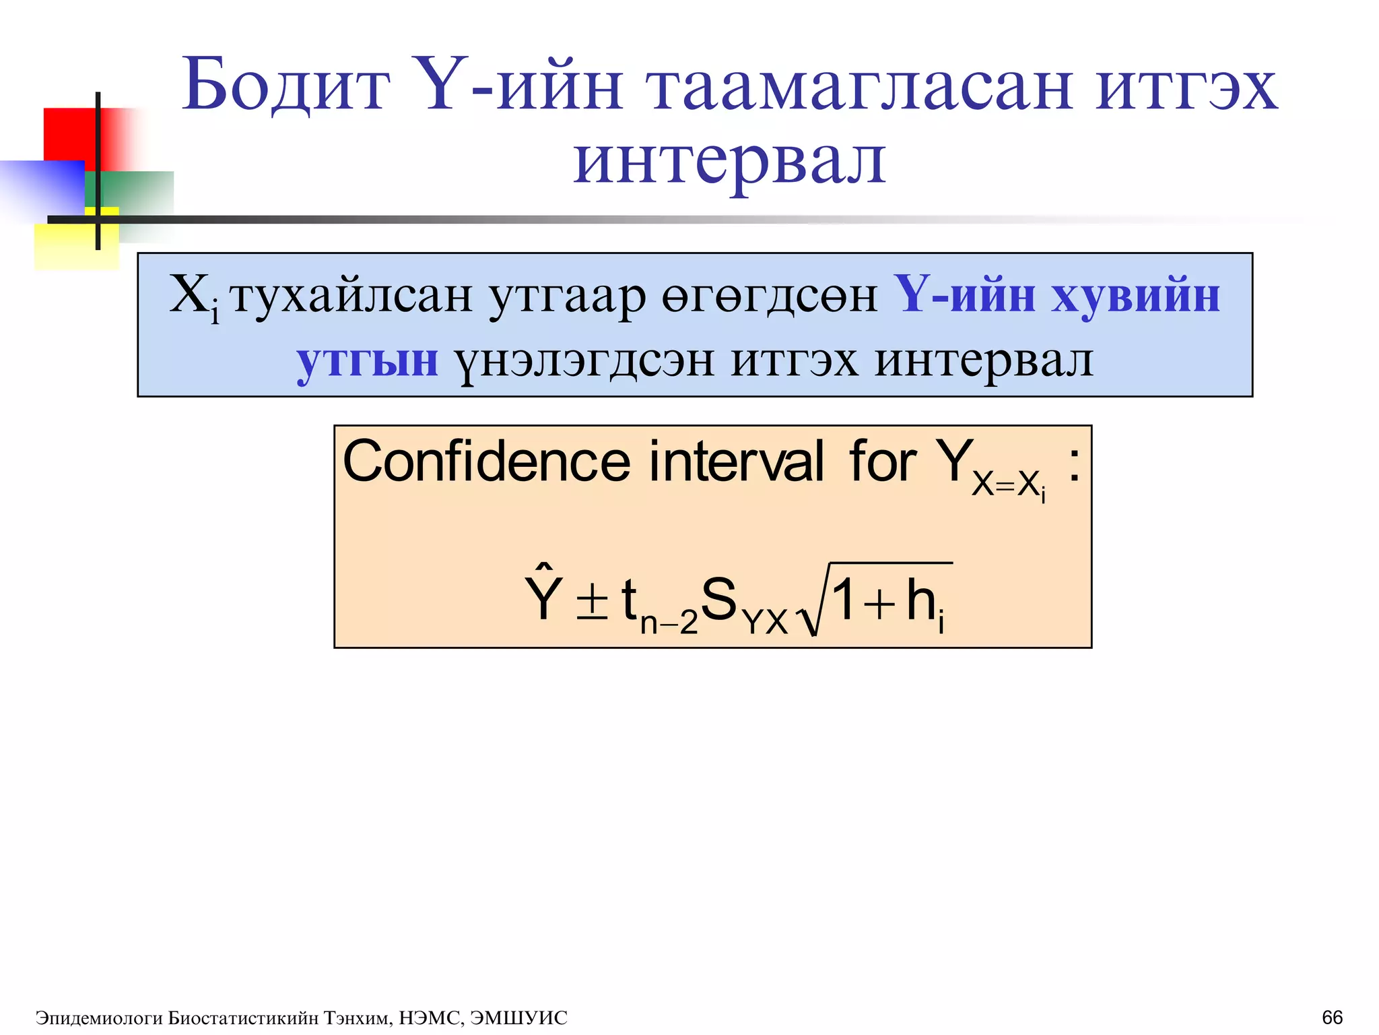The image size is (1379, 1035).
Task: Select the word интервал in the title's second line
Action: point(729,162)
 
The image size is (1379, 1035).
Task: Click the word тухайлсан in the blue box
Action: point(351,296)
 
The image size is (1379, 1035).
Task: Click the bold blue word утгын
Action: point(368,361)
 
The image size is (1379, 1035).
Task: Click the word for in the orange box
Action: point(882,462)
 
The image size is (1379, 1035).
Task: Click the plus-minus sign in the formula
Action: point(593,599)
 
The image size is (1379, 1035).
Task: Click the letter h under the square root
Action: point(920,599)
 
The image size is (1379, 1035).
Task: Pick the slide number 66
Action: point(1332,1017)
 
